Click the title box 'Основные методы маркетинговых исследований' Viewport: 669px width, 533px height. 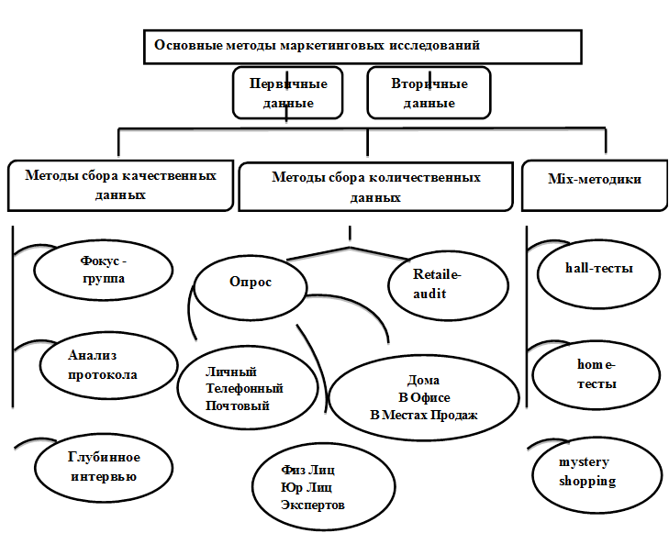point(362,46)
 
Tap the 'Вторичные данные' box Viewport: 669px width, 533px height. point(429,93)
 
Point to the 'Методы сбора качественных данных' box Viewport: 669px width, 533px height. point(121,184)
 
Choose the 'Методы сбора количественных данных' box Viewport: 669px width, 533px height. point(375,186)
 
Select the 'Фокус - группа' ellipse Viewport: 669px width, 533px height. point(104,270)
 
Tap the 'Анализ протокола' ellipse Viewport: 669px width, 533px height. point(104,364)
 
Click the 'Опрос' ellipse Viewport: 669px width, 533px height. point(250,283)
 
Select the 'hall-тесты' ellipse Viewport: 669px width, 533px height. point(598,270)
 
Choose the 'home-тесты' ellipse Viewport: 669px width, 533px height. point(596,374)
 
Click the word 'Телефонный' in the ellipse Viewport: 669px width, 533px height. point(244,389)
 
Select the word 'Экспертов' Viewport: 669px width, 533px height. point(314,505)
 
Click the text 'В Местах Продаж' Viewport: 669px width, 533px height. point(423,415)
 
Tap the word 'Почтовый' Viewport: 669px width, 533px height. point(238,405)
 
